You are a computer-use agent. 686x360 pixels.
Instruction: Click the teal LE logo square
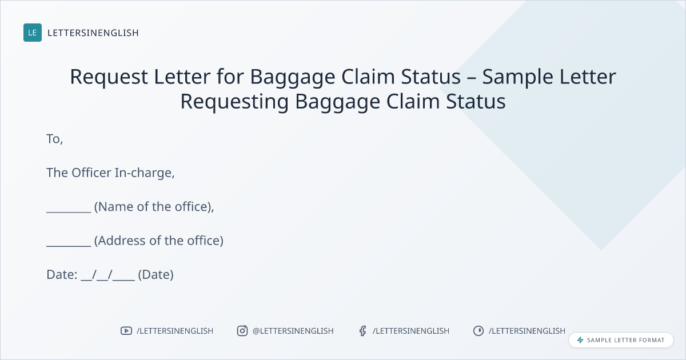point(33,33)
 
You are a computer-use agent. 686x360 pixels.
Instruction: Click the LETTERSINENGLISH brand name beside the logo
point(93,33)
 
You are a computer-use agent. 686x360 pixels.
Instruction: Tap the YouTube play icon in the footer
point(126,331)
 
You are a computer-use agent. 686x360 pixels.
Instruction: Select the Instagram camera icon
point(242,331)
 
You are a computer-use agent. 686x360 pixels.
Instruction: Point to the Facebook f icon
point(362,331)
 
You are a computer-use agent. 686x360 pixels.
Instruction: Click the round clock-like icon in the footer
point(478,331)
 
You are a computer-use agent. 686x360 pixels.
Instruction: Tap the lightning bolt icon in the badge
point(580,340)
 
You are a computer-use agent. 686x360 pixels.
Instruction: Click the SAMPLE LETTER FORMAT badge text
point(625,340)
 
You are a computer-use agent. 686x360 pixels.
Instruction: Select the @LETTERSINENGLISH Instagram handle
point(293,331)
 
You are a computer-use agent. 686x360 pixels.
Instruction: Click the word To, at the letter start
point(54,139)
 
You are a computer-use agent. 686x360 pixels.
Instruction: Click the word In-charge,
point(145,173)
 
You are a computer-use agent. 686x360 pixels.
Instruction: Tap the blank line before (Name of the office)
point(69,211)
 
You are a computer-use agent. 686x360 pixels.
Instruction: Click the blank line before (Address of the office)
point(69,246)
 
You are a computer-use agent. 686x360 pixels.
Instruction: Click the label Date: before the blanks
point(62,275)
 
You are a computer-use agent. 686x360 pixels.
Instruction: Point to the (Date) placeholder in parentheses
point(156,275)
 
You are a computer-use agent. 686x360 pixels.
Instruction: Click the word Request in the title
point(109,77)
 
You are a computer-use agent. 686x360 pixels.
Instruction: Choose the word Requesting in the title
point(234,102)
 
